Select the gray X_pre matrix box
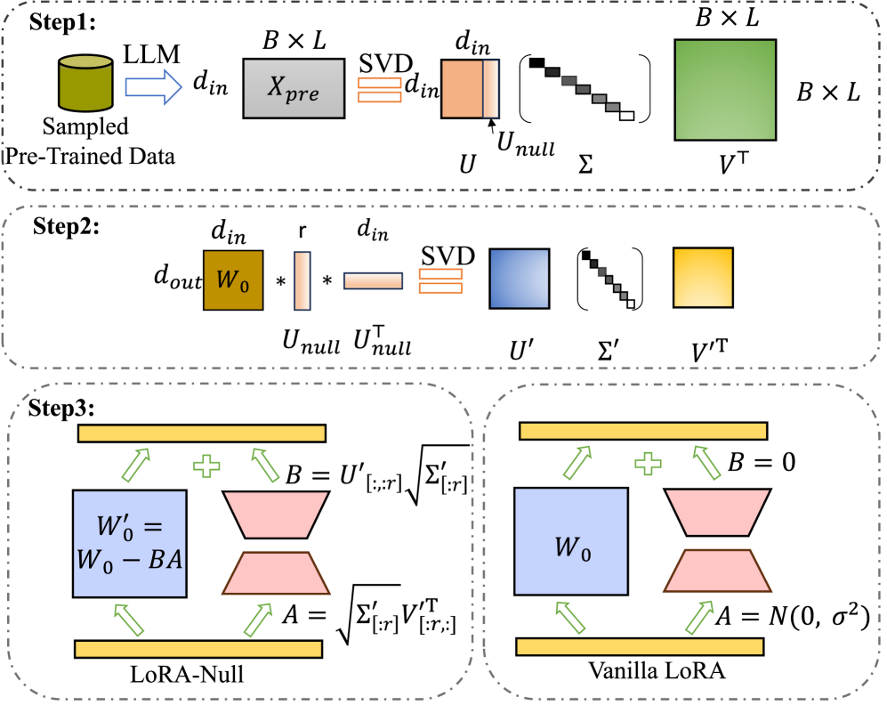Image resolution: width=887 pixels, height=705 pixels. (294, 88)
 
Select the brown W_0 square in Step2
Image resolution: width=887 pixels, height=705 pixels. (233, 280)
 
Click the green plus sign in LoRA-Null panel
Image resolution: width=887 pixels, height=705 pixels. (207, 466)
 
